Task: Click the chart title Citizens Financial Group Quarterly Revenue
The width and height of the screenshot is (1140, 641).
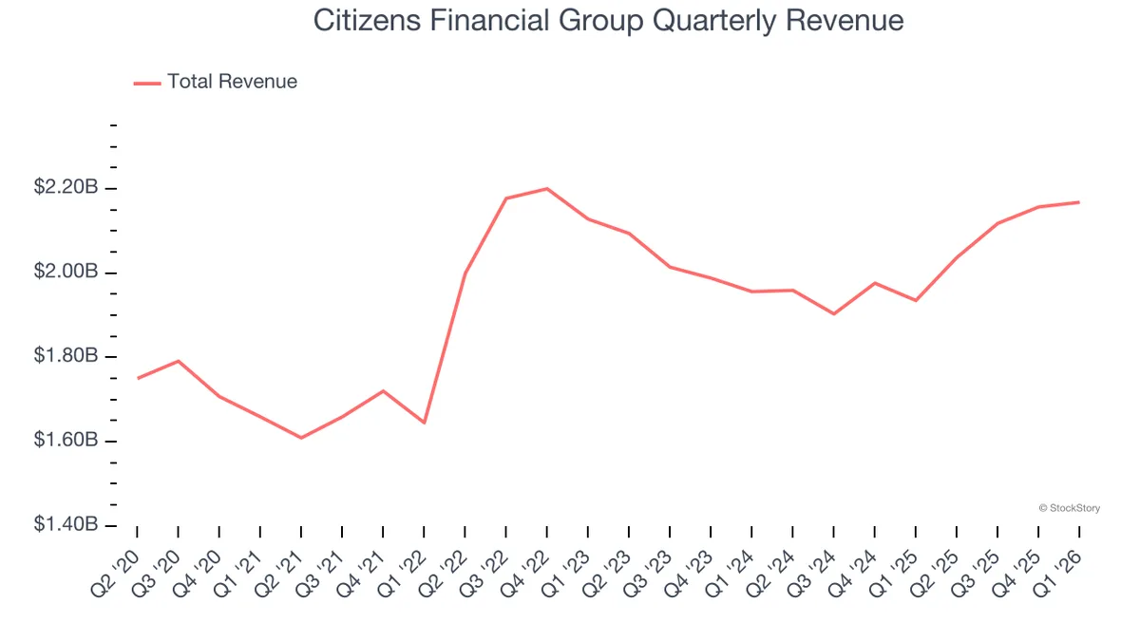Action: pyautogui.click(x=609, y=21)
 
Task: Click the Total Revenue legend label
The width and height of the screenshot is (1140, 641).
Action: pyautogui.click(x=232, y=82)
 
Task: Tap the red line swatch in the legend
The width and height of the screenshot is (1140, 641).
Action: pyautogui.click(x=147, y=83)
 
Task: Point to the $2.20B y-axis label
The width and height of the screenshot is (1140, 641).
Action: pyautogui.click(x=66, y=188)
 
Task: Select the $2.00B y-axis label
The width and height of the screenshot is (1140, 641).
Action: pyautogui.click(x=66, y=273)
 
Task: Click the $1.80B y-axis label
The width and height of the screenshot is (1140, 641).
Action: pyautogui.click(x=66, y=356)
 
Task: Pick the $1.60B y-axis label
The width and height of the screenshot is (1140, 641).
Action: pyautogui.click(x=66, y=441)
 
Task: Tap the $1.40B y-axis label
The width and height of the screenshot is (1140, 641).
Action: pyautogui.click(x=66, y=525)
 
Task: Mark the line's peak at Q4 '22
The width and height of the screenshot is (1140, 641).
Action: pyautogui.click(x=547, y=188)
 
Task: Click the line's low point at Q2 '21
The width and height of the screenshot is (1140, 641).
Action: pyautogui.click(x=301, y=438)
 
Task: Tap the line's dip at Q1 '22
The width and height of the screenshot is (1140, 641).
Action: pyautogui.click(x=424, y=423)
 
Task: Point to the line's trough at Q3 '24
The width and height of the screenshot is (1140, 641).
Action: pyautogui.click(x=834, y=313)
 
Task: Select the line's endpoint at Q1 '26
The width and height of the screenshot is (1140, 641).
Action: pyautogui.click(x=1079, y=202)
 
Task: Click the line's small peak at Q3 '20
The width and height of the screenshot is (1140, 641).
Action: pyautogui.click(x=179, y=361)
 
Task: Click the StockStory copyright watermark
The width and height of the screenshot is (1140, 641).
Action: pyautogui.click(x=1070, y=509)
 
